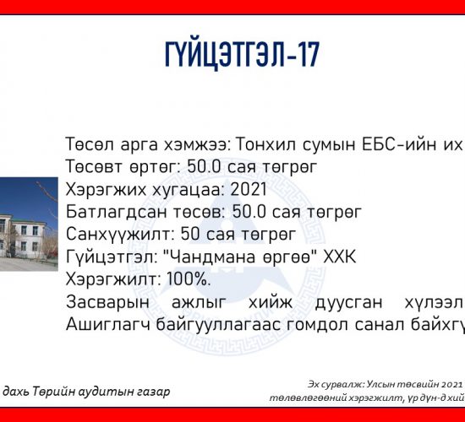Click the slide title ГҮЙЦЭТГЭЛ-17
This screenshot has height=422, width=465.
[x=242, y=54]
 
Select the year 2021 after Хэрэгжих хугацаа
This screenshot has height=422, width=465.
[x=249, y=189]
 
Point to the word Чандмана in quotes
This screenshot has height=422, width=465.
[x=209, y=257]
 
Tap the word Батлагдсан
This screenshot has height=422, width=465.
[x=116, y=212]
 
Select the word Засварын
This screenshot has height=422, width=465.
[x=107, y=302]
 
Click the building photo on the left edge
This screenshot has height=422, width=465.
[x=29, y=224]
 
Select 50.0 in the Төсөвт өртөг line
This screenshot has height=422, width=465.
[x=204, y=166]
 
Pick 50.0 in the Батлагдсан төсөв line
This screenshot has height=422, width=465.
[x=249, y=212]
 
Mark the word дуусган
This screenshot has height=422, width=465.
[x=348, y=302]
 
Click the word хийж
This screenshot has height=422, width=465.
[x=271, y=302]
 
